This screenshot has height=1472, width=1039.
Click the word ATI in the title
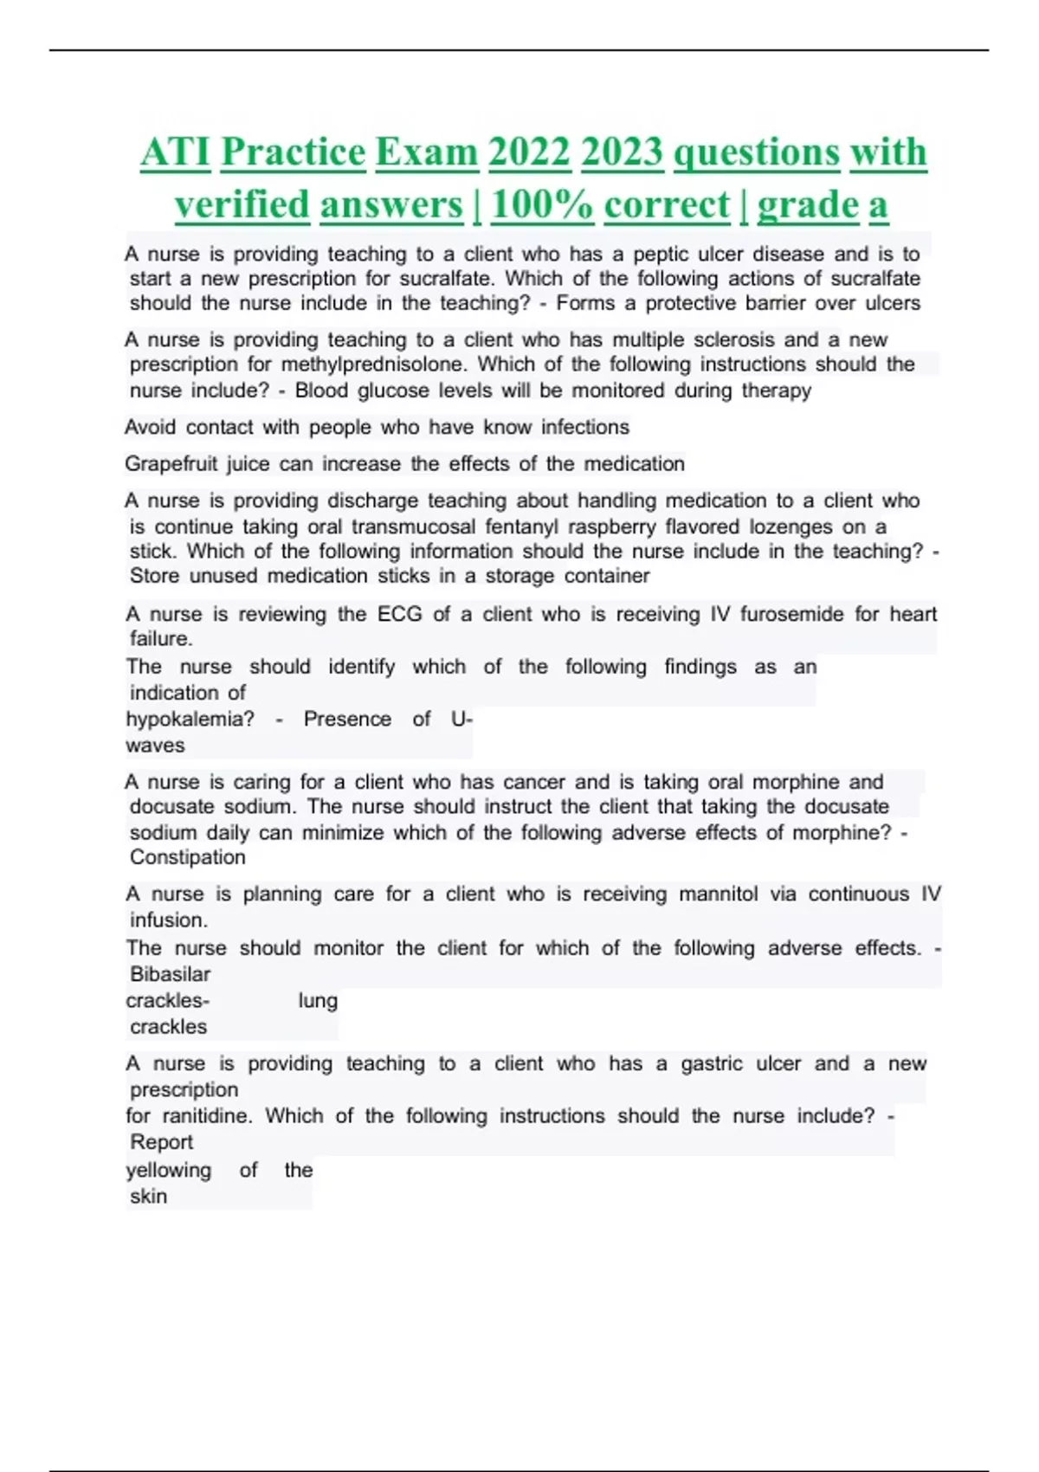tap(176, 152)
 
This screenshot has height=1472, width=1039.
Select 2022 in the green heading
tap(528, 152)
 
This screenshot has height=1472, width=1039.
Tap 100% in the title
tap(541, 205)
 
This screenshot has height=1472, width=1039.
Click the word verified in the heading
tap(242, 205)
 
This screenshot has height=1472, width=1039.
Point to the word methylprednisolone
tap(372, 365)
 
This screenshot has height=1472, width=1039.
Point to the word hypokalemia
tap(190, 719)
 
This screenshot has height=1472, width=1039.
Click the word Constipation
tap(187, 857)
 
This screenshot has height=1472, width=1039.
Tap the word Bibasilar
tap(170, 974)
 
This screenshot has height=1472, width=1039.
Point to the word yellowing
tap(168, 1170)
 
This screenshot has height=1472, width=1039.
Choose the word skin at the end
tap(148, 1196)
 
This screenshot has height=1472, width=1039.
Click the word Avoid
tap(150, 427)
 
